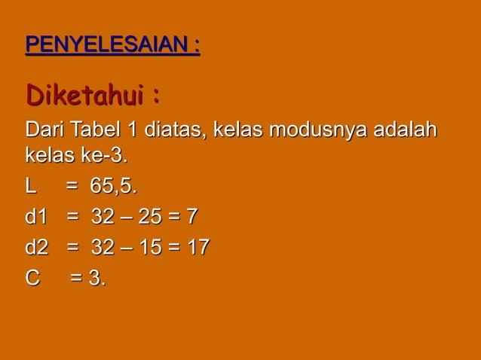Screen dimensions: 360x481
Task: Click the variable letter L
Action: pyautogui.click(x=32, y=186)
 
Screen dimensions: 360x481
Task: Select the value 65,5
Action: pyautogui.click(x=113, y=186)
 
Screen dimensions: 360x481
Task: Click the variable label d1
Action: pyautogui.click(x=36, y=217)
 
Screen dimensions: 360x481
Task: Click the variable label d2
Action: pyautogui.click(x=36, y=247)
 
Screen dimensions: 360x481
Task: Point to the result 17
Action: pyautogui.click(x=198, y=247)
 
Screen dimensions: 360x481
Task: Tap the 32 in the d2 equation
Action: pyautogui.click(x=103, y=247)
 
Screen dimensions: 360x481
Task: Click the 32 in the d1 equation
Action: pyautogui.click(x=103, y=217)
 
